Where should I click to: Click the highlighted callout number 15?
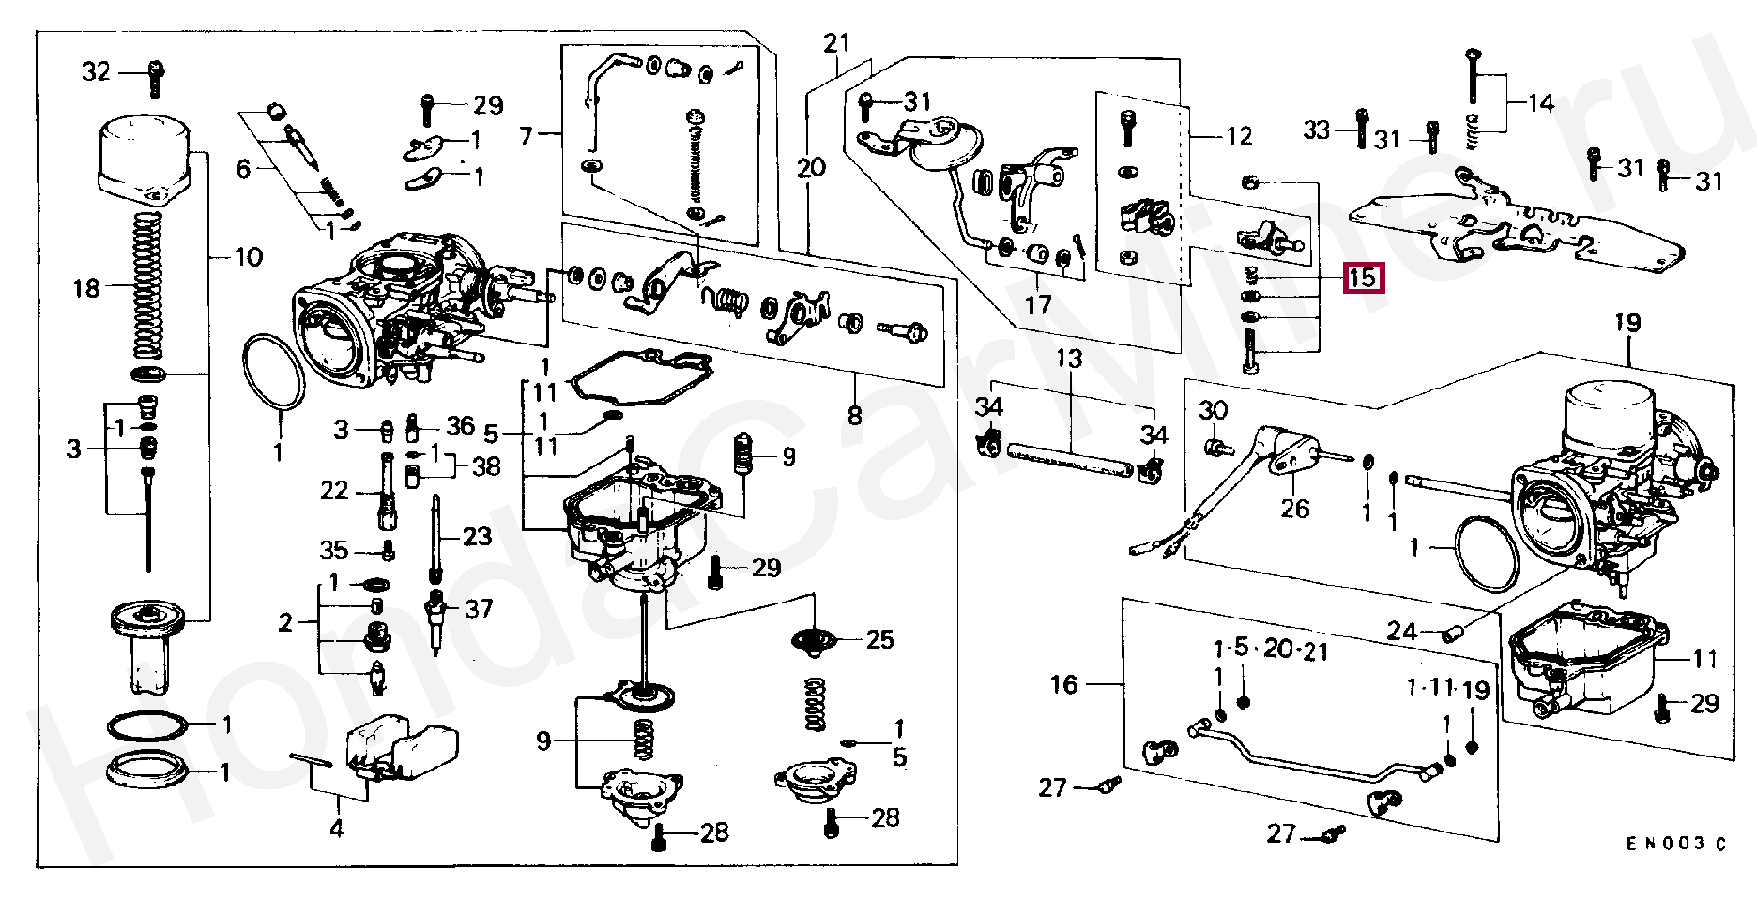1363,278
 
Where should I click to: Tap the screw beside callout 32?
156,80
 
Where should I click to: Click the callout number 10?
249,256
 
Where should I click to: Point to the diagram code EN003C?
1676,844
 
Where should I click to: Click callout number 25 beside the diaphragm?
880,639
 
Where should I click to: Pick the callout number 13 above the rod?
1069,359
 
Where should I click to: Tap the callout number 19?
1627,323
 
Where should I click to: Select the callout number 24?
1401,632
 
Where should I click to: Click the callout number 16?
1063,684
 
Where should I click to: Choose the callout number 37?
479,609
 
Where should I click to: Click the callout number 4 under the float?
337,828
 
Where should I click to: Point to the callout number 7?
527,137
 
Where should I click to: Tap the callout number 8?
854,415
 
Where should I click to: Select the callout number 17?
1038,304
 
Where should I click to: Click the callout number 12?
1239,137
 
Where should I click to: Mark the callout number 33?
1317,130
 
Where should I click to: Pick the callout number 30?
1214,410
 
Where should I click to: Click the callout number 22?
334,491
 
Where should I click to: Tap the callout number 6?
243,168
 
